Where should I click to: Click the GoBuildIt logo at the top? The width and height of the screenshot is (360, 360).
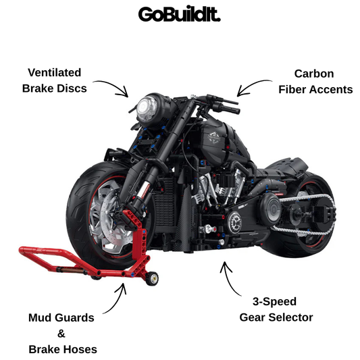pyautogui.click(x=179, y=14)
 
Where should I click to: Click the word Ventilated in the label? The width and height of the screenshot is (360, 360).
pyautogui.click(x=55, y=72)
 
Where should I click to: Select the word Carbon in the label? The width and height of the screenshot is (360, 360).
pyautogui.click(x=314, y=74)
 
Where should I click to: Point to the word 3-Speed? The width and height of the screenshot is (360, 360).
pyautogui.click(x=275, y=302)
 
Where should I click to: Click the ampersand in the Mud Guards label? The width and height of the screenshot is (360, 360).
pyautogui.click(x=61, y=334)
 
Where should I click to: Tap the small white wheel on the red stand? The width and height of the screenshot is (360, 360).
pyautogui.click(x=152, y=278)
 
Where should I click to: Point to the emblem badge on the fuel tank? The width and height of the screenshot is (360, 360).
pyautogui.click(x=214, y=137)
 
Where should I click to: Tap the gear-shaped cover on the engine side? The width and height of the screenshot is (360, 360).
pyautogui.click(x=234, y=222)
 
